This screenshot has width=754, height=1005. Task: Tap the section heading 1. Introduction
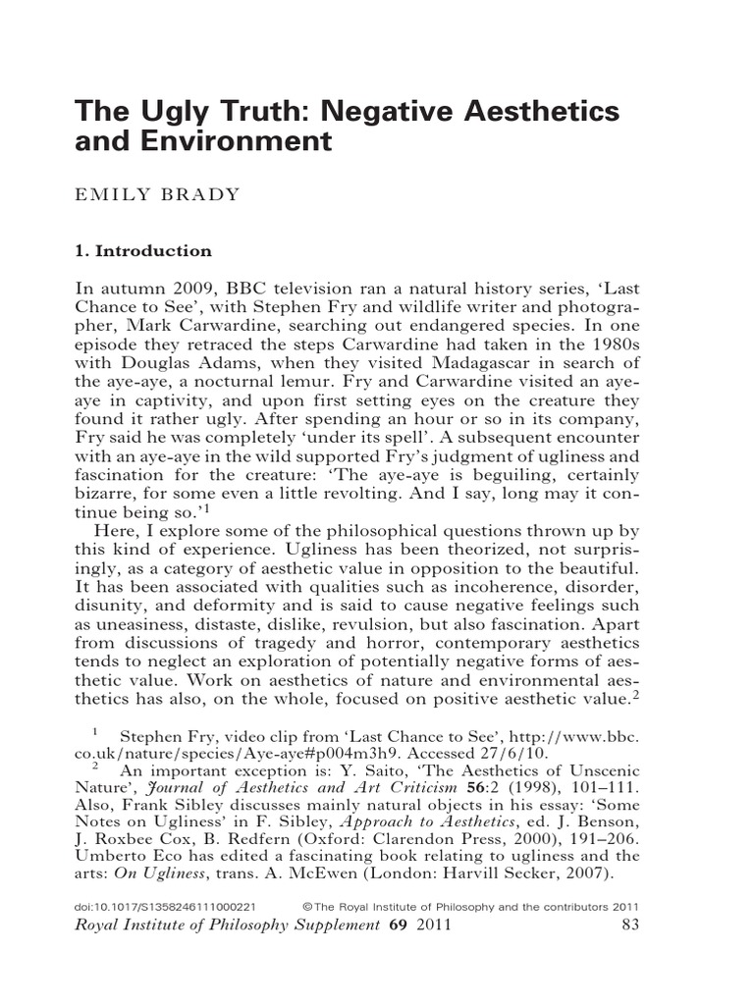(x=143, y=250)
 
